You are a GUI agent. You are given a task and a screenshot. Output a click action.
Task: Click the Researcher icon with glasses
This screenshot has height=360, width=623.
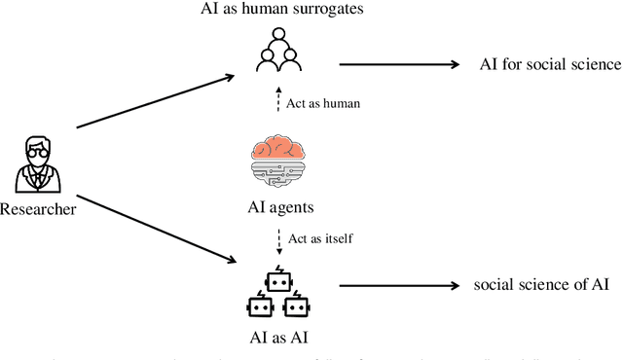click(35, 164)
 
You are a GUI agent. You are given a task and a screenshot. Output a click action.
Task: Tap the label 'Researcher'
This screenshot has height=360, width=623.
click(37, 208)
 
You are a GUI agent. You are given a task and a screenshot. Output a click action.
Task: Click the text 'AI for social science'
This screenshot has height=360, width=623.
click(550, 64)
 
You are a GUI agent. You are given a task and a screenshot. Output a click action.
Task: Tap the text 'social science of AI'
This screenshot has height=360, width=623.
click(541, 284)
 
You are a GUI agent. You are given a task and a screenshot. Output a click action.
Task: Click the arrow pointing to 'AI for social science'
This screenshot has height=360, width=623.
click(399, 64)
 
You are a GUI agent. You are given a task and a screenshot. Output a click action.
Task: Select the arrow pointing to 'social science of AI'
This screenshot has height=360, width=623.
click(399, 285)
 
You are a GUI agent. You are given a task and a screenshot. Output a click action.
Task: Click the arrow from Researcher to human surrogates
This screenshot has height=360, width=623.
click(154, 99)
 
